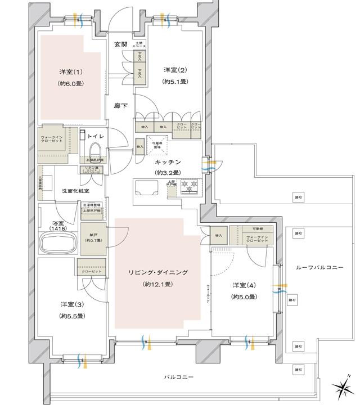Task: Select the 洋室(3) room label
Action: tap(73, 304)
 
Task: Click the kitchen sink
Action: tap(147, 187)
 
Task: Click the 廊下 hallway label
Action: tap(119, 105)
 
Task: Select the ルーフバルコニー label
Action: tap(319, 268)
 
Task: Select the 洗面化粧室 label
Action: tap(75, 191)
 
